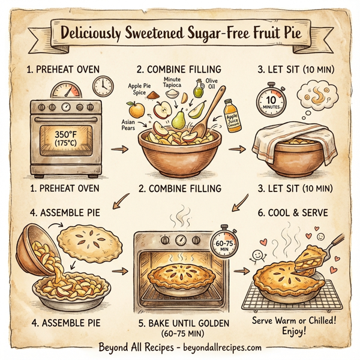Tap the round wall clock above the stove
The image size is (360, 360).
click(101, 87)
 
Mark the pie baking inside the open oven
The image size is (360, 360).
click(178, 273)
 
